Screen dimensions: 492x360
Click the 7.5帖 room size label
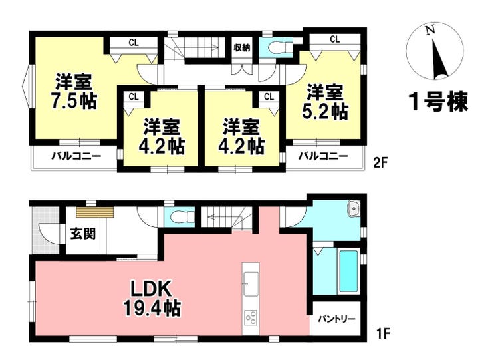[74, 101]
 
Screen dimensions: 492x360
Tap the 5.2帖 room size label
[324, 111]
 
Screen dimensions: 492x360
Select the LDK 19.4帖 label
[152, 298]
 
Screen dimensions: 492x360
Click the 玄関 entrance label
[83, 234]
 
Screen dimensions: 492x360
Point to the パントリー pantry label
[336, 319]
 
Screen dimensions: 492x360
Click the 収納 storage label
[242, 47]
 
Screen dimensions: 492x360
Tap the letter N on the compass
[430, 30]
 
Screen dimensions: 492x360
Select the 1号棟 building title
[439, 101]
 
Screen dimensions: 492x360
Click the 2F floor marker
[380, 163]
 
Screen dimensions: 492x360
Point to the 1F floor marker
[382, 333]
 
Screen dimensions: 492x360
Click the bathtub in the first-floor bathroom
[348, 271]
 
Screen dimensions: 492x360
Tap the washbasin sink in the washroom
[354, 208]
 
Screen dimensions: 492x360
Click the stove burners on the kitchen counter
[251, 319]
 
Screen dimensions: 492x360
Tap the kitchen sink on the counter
[251, 284]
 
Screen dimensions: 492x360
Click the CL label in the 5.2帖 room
[335, 39]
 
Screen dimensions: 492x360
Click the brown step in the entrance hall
[94, 212]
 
